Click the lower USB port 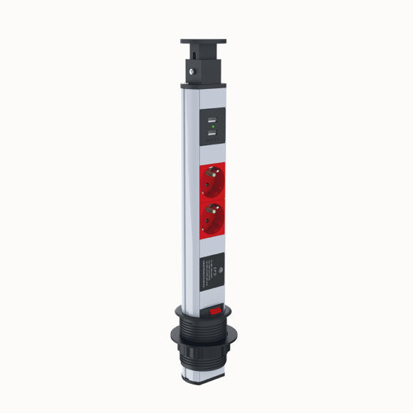coord(211,135)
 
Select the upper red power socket coord(211,183)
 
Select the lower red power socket coord(211,219)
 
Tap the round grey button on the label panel coord(220,270)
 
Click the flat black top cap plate coord(203,43)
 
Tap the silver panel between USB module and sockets coord(211,155)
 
